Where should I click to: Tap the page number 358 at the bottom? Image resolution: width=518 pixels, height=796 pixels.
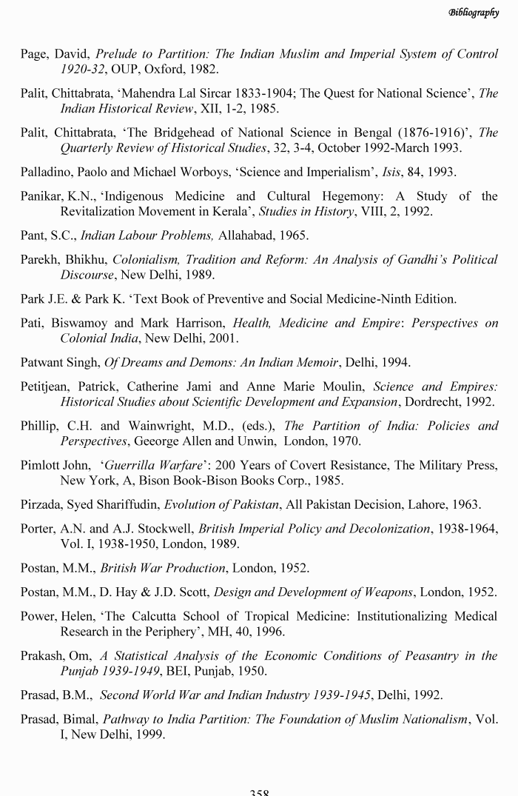tap(259, 792)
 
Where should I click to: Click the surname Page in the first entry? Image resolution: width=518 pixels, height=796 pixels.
tap(34, 55)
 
